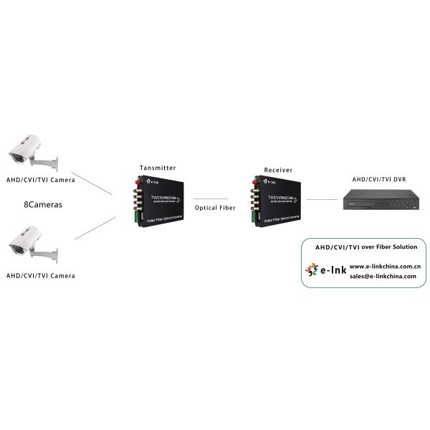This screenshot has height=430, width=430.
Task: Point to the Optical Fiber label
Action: pyautogui.click(x=214, y=208)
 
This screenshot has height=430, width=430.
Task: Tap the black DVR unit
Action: pyautogui.click(x=379, y=201)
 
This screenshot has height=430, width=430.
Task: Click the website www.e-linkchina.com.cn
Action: pyautogui.click(x=384, y=266)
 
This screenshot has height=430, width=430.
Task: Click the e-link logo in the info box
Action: pyautogui.click(x=326, y=270)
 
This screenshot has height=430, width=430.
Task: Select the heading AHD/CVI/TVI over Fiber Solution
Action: pyautogui.click(x=366, y=247)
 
